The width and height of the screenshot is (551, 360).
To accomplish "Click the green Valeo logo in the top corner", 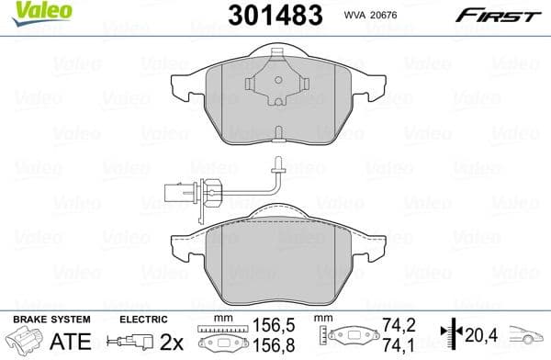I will [x=25, y=10].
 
